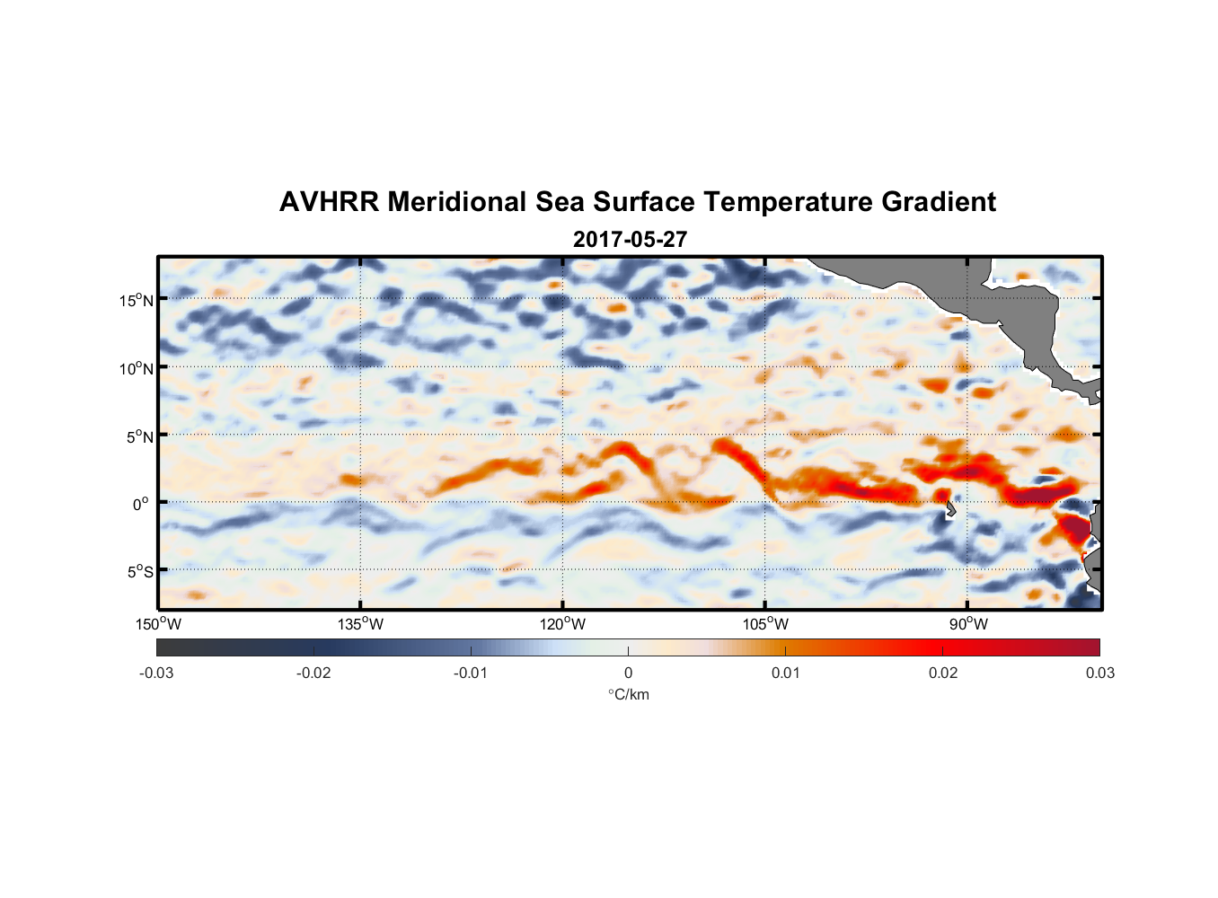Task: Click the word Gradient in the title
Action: click(x=939, y=202)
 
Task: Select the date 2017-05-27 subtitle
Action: click(x=630, y=240)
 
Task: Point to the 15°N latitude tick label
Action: click(x=137, y=300)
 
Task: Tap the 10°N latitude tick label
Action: click(x=137, y=368)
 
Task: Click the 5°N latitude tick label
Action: click(x=139, y=436)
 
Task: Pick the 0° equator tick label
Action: click(x=142, y=504)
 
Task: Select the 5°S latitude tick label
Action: click(x=139, y=572)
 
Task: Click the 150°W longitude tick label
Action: click(x=158, y=625)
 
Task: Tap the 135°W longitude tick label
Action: click(x=360, y=625)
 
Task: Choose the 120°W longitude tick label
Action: click(x=562, y=625)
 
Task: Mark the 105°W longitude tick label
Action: click(x=765, y=625)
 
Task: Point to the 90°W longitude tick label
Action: click(x=967, y=625)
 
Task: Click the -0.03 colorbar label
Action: click(x=156, y=673)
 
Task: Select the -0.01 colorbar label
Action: click(x=471, y=673)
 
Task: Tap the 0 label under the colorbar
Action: click(x=628, y=673)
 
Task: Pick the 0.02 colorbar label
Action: click(x=943, y=673)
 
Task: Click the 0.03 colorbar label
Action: click(x=1099, y=673)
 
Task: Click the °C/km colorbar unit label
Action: click(x=629, y=694)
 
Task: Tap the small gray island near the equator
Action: click(x=950, y=509)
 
